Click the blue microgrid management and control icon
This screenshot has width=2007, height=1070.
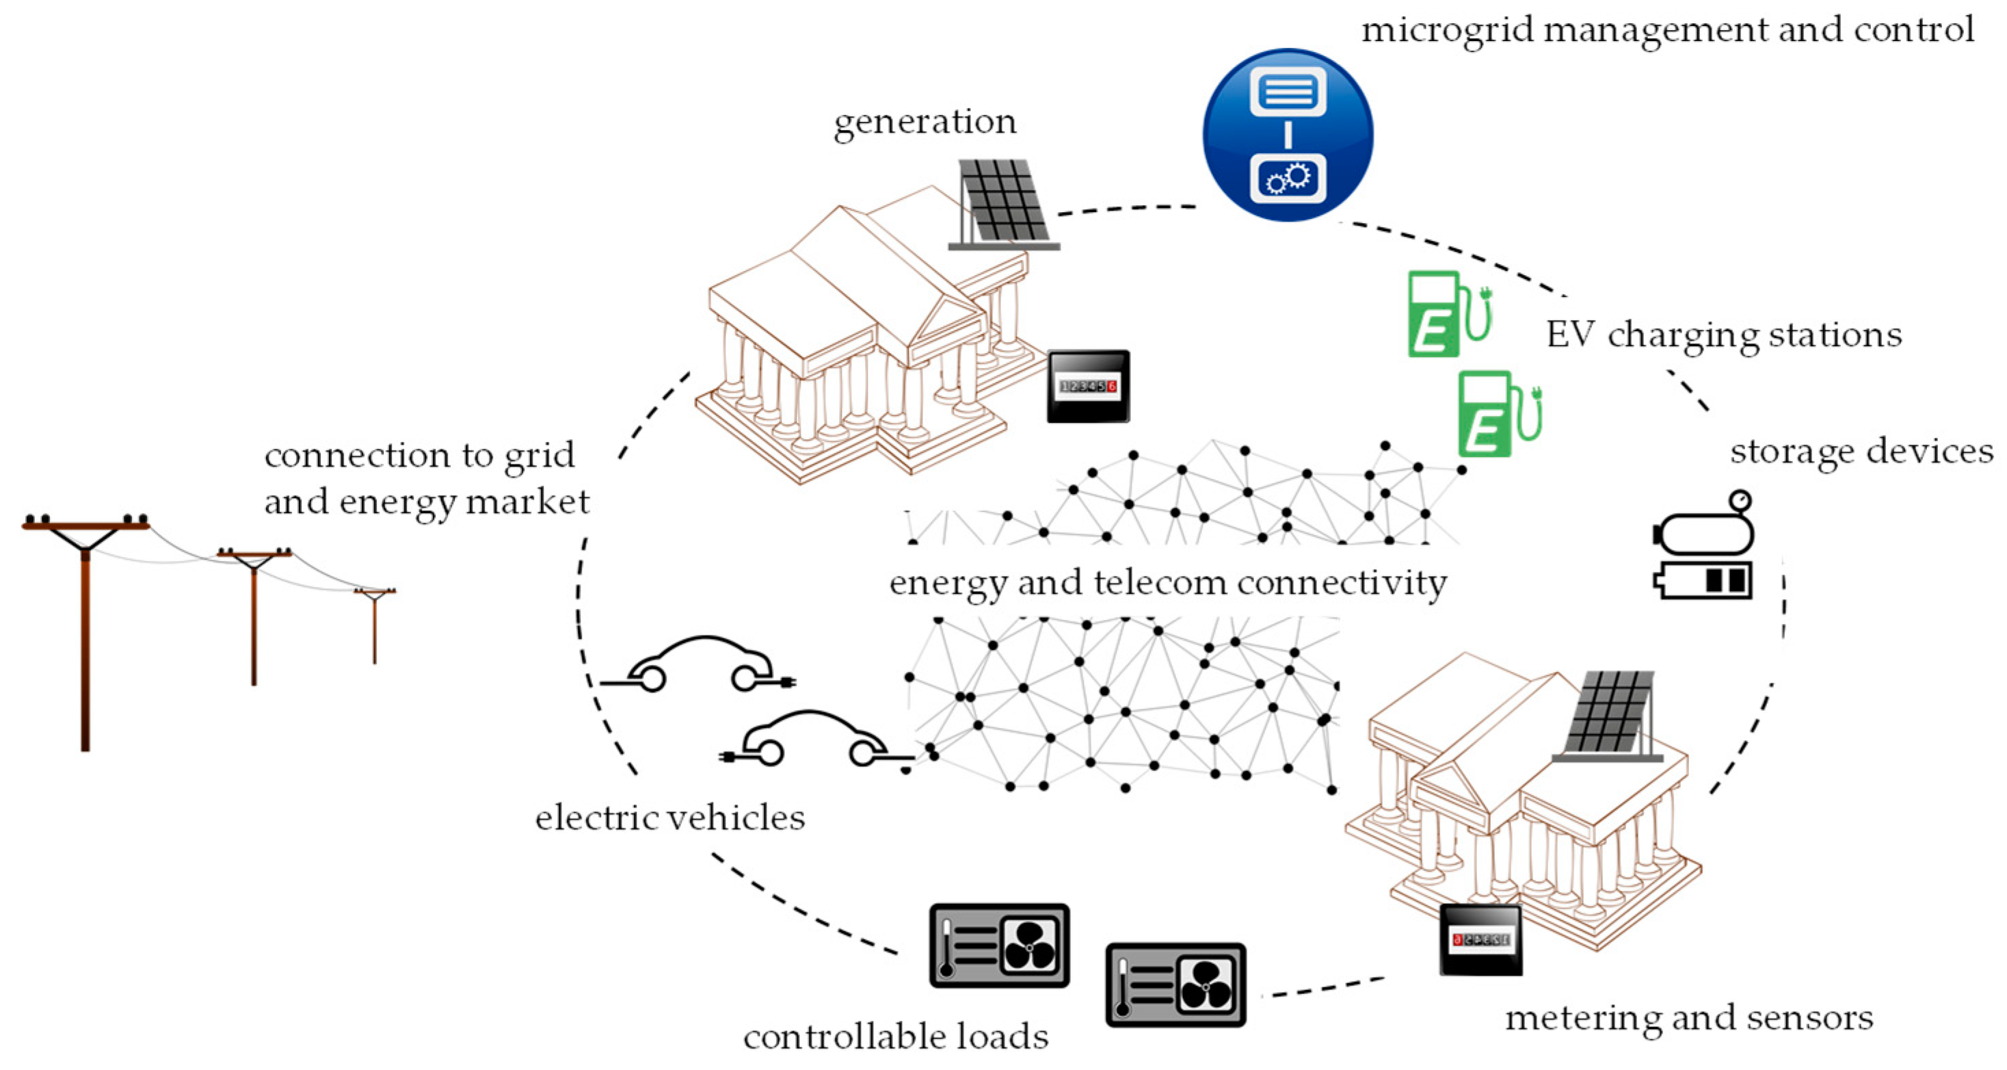click(1287, 135)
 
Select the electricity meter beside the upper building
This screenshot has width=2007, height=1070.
click(1088, 387)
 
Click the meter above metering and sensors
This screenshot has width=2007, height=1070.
click(1480, 940)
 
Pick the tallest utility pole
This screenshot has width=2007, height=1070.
click(85, 623)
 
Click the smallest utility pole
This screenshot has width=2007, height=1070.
click(375, 623)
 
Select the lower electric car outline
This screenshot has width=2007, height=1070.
click(814, 740)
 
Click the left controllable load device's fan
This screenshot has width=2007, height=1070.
click(1029, 945)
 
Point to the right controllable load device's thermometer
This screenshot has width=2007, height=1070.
click(1123, 988)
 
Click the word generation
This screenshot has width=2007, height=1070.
click(925, 122)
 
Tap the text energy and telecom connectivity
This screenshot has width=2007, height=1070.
click(1167, 583)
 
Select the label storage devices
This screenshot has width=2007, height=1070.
click(1861, 452)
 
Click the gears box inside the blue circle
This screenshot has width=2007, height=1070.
click(1287, 179)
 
